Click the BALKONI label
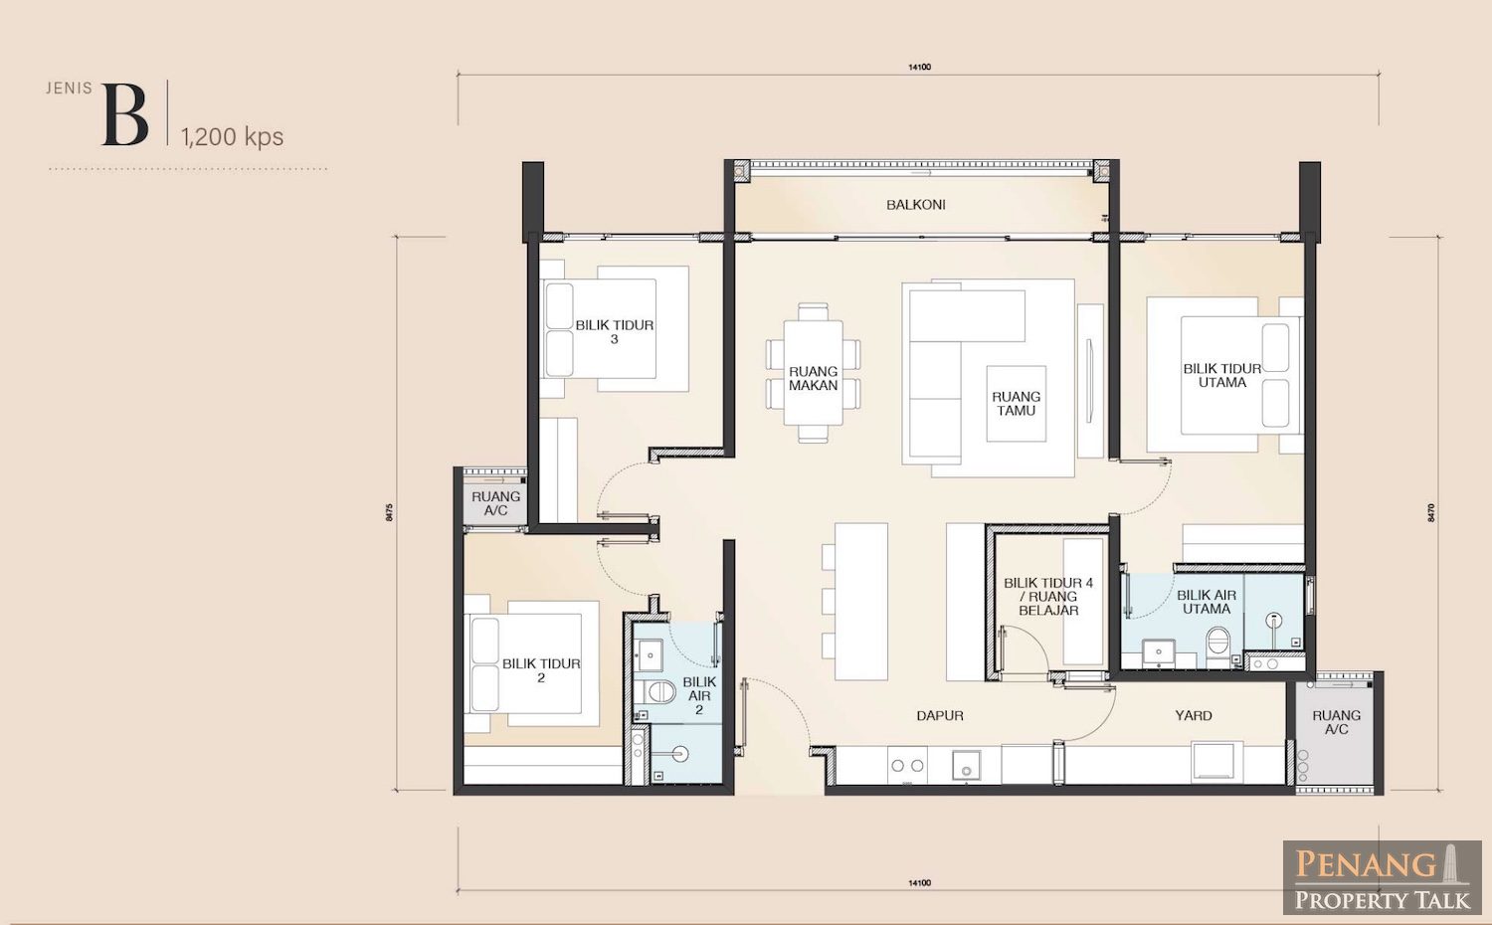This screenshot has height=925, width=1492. pyautogui.click(x=915, y=205)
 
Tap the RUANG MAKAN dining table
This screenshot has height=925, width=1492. pyautogui.click(x=813, y=373)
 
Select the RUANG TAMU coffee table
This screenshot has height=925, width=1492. pyautogui.click(x=1016, y=403)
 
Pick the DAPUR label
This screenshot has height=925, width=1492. pyautogui.click(x=940, y=716)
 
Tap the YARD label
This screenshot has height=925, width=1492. pyautogui.click(x=1193, y=716)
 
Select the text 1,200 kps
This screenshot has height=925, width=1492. pyautogui.click(x=232, y=137)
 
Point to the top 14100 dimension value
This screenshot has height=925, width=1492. pyautogui.click(x=919, y=67)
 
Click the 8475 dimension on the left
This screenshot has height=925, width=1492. pyautogui.click(x=390, y=512)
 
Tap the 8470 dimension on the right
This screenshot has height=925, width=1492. pyautogui.click(x=1431, y=512)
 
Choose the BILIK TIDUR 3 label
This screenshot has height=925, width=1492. pyautogui.click(x=614, y=331)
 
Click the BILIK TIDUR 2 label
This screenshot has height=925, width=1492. pyautogui.click(x=541, y=670)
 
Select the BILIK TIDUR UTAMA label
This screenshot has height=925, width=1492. pyautogui.click(x=1222, y=376)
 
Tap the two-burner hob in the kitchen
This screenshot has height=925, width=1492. pyautogui.click(x=907, y=765)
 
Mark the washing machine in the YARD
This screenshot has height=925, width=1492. pyautogui.click(x=1212, y=761)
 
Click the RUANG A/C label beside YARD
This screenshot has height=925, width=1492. pyautogui.click(x=1336, y=722)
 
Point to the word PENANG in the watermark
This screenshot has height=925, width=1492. pyautogui.click(x=1365, y=865)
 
